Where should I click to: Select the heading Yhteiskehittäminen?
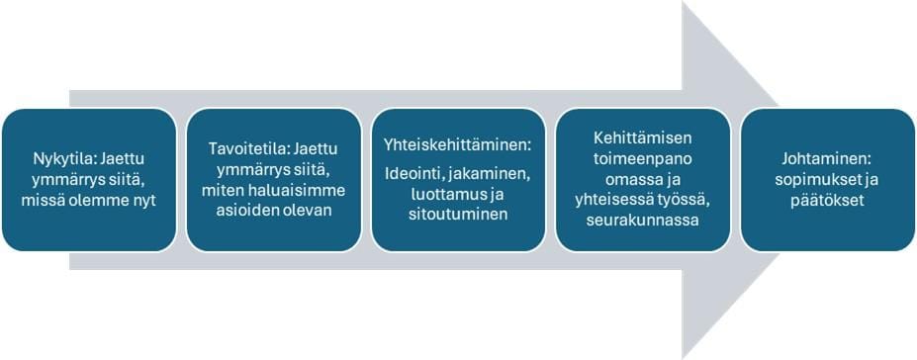pos(457,144)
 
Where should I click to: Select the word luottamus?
pos(445,193)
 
